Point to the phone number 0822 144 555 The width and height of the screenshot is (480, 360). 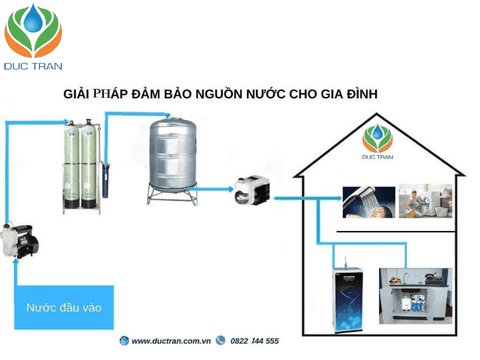point(254,341)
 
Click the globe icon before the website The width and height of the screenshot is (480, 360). point(124,341)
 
